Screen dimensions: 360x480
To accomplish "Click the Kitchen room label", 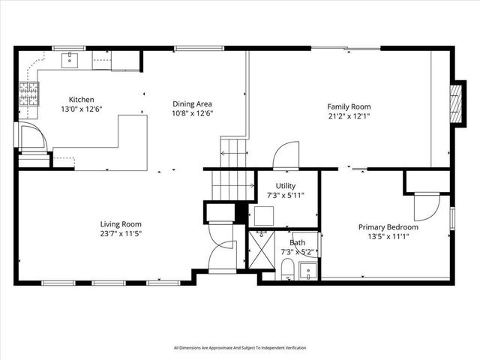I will pos(81,100).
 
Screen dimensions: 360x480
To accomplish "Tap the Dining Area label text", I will pos(193,104).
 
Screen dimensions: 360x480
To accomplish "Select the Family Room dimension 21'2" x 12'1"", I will pos(349,116).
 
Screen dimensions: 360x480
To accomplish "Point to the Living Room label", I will pos(121,223).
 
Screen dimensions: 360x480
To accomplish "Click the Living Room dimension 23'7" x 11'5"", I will pos(121,233).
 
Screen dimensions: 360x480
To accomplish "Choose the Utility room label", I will pos(286,185).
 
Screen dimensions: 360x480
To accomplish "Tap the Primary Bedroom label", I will pos(388,227).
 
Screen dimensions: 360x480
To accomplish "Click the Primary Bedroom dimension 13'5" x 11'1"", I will pos(388,237).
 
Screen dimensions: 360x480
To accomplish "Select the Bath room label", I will pos(298,242).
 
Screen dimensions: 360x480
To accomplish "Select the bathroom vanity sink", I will pos(307,271).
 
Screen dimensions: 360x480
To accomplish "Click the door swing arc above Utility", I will pos(286,157).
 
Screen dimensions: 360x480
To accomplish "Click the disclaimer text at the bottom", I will pos(240,347).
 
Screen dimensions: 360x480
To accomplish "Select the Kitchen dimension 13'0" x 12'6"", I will pos(81,109).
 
